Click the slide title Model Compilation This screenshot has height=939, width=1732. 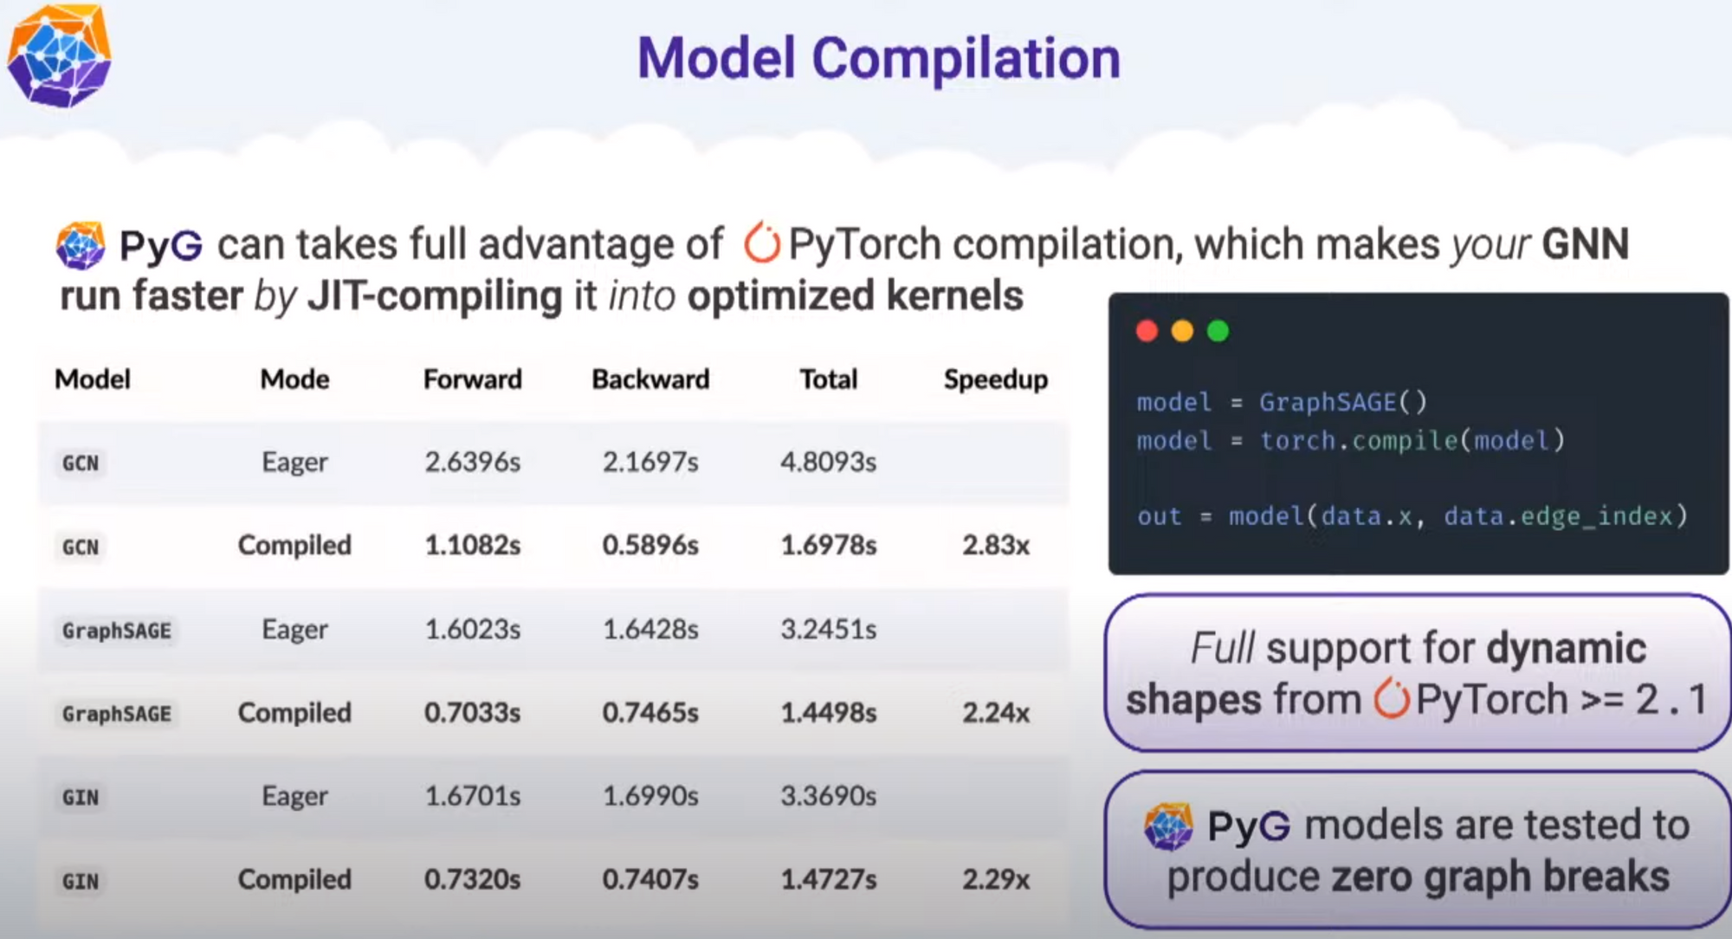[x=878, y=59]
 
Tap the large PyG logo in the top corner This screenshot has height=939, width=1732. [x=59, y=56]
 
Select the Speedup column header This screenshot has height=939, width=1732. [x=996, y=379]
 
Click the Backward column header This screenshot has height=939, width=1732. [x=650, y=379]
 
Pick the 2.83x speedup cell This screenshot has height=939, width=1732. [x=996, y=545]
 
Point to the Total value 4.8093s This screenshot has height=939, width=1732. [x=829, y=462]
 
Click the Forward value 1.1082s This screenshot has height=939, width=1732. [x=473, y=545]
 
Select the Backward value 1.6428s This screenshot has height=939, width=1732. [x=650, y=629]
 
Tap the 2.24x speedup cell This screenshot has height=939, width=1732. [x=996, y=712]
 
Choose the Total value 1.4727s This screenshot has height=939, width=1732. [x=829, y=879]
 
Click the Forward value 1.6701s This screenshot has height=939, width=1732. [x=473, y=795]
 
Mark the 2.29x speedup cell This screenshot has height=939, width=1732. [x=996, y=879]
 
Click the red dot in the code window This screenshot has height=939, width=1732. [x=1147, y=331]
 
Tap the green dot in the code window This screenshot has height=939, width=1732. [x=1218, y=331]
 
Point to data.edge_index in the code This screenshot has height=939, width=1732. [x=1558, y=516]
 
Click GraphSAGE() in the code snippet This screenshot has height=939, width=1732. [x=1342, y=402]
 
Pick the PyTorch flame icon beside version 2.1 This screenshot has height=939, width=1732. [x=1392, y=698]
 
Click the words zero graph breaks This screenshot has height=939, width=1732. [x=1501, y=877]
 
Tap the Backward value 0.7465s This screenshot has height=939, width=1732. [x=650, y=712]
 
